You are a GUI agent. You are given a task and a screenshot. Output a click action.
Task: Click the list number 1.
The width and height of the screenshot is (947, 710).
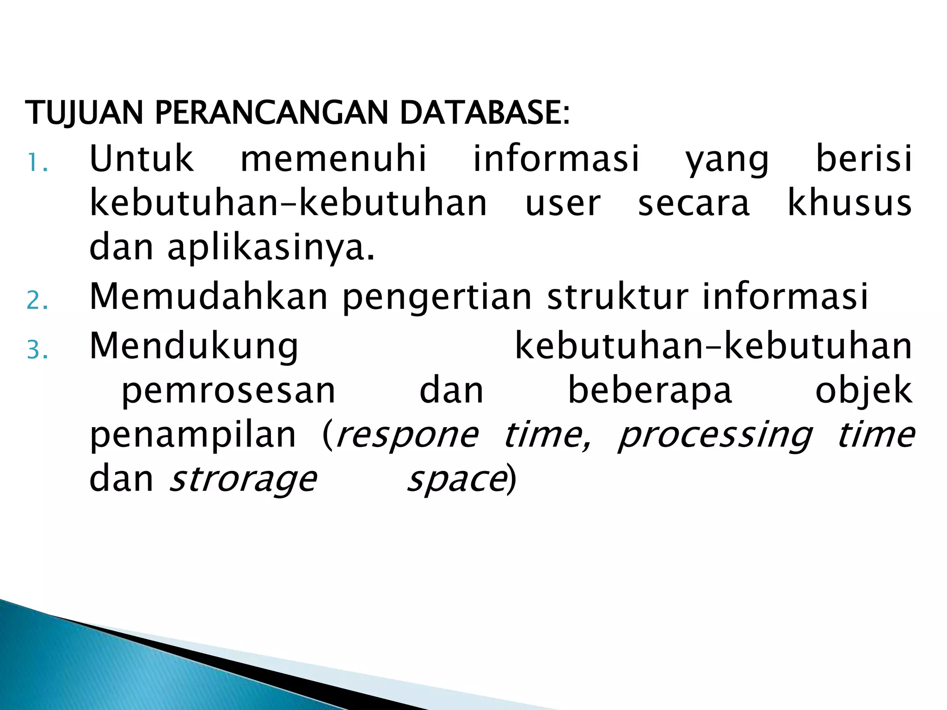(x=37, y=163)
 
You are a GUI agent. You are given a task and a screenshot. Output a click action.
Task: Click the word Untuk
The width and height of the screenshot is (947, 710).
(x=141, y=159)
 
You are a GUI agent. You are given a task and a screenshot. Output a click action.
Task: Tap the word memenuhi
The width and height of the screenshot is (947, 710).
(x=333, y=159)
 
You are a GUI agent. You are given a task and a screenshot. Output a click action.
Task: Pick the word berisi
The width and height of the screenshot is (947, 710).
(x=864, y=159)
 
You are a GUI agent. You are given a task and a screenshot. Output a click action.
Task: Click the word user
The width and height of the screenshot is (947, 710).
(x=563, y=203)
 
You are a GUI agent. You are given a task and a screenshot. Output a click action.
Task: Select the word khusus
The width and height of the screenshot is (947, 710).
(x=849, y=203)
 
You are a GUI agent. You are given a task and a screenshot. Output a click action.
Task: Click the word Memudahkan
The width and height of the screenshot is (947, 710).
(x=209, y=296)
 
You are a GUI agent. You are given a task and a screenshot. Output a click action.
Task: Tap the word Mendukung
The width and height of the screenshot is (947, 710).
(x=194, y=347)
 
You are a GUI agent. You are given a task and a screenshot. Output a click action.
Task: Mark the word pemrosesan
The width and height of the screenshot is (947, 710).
(x=228, y=391)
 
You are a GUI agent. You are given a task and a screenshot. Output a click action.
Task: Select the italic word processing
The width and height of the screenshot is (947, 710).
(x=715, y=435)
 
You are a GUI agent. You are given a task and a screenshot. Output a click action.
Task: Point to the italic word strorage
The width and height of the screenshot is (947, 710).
(x=243, y=480)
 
